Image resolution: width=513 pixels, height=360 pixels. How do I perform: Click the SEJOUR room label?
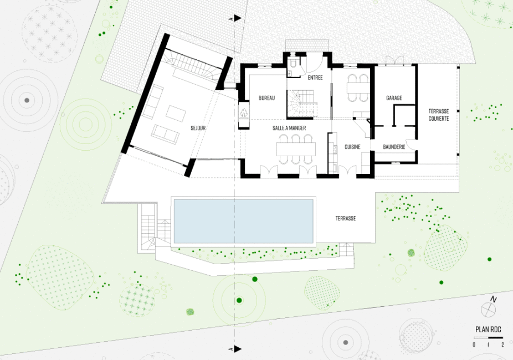click(x=198, y=128)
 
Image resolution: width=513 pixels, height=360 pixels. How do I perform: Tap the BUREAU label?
click(x=266, y=98)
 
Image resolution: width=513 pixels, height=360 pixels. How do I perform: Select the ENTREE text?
click(x=315, y=78)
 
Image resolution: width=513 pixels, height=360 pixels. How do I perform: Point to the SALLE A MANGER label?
click(x=289, y=128)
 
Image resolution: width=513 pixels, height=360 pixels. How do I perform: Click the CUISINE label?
click(x=352, y=147)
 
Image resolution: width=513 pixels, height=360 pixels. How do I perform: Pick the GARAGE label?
click(x=394, y=98)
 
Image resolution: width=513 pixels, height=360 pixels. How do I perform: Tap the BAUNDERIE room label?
click(x=394, y=147)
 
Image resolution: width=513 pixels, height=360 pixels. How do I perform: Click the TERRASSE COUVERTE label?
click(x=439, y=115)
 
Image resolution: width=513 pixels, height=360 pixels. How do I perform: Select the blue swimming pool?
click(x=243, y=221)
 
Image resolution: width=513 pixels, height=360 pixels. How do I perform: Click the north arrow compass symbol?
click(x=489, y=309)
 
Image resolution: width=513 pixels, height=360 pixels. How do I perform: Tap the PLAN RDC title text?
click(x=488, y=330)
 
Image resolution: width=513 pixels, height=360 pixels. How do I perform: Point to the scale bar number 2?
click(x=502, y=344)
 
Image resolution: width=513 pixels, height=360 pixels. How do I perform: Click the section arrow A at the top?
click(x=238, y=18)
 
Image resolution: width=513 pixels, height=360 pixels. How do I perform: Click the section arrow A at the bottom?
click(x=238, y=349)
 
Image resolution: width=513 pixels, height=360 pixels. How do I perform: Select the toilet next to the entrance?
click(x=293, y=64)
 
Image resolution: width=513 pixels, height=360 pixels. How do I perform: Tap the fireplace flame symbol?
click(x=244, y=112)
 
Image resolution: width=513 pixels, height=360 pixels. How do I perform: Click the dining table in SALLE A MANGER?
click(x=296, y=149)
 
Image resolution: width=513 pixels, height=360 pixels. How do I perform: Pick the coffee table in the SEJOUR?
click(x=176, y=113)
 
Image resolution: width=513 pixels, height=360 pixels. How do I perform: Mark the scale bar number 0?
click(x=474, y=344)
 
